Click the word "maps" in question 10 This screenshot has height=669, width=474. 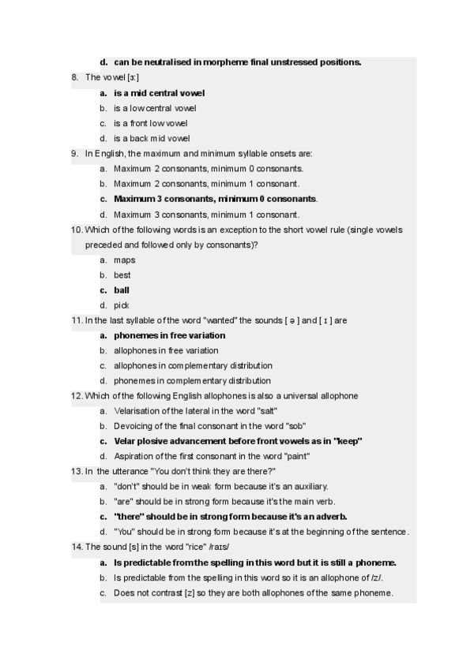pyautogui.click(x=124, y=260)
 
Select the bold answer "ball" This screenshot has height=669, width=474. pyautogui.click(x=122, y=290)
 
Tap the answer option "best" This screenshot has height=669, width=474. pyautogui.click(x=122, y=275)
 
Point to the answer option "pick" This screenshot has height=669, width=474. pyautogui.click(x=122, y=305)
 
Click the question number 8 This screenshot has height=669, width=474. pyautogui.click(x=74, y=77)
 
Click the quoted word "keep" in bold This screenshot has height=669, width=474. pyautogui.click(x=348, y=441)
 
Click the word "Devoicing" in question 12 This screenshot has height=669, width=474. pyautogui.click(x=134, y=426)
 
